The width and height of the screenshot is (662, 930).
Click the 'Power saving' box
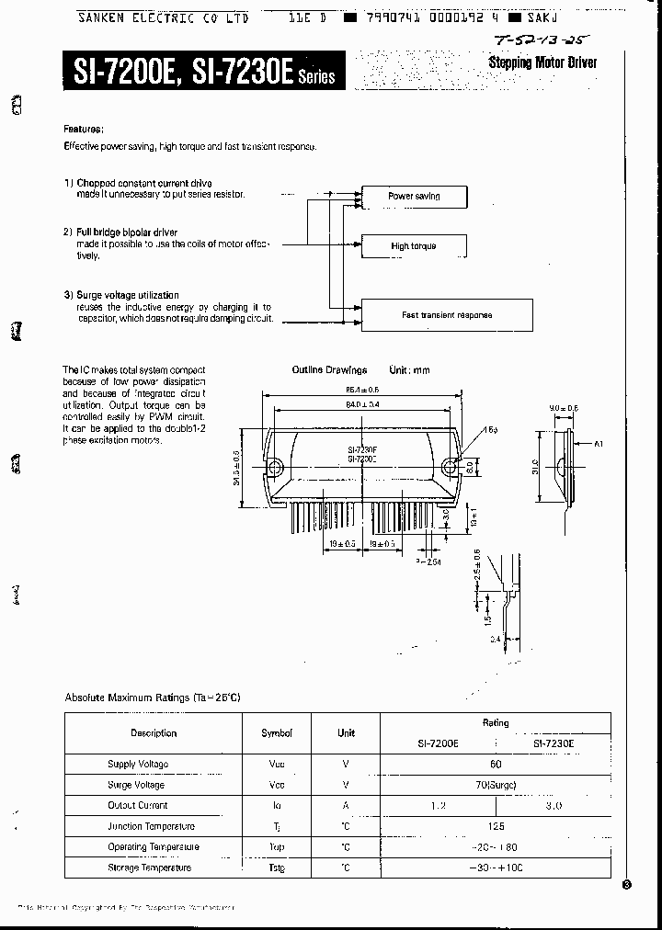tap(414, 197)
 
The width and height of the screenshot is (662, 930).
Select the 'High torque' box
tap(414, 246)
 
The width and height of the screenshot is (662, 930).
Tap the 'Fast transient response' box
tap(447, 315)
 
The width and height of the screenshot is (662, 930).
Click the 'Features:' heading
tap(84, 129)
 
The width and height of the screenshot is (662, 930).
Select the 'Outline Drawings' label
tap(329, 370)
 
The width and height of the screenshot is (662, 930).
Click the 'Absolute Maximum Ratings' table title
tap(153, 697)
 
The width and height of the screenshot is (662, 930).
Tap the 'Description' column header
tap(154, 733)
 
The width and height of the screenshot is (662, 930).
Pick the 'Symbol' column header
tap(277, 733)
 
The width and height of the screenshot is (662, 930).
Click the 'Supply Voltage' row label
tap(138, 765)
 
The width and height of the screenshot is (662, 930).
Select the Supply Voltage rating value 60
tap(496, 765)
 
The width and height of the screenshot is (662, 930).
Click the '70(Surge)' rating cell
tap(496, 785)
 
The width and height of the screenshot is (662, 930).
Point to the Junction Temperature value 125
tap(496, 826)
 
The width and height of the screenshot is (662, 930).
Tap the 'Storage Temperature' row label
tap(149, 868)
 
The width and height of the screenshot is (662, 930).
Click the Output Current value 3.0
tap(554, 806)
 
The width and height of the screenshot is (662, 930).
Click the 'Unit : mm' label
tap(409, 370)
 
